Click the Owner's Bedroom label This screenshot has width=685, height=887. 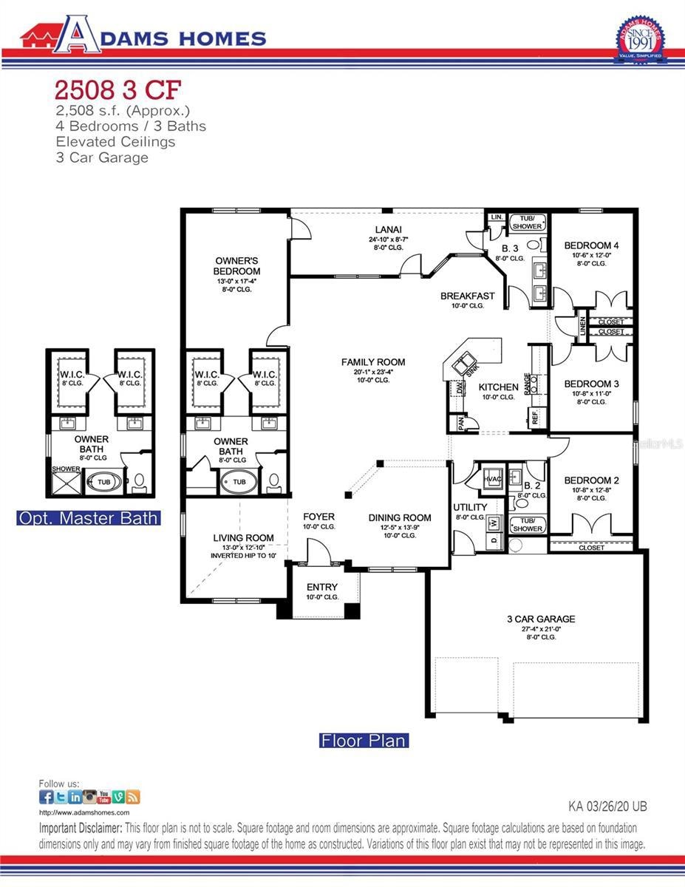point(236,266)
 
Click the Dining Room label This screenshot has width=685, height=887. point(400,517)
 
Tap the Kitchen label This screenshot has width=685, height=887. point(498,387)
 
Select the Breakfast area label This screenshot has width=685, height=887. point(467,296)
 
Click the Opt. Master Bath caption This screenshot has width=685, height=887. point(88,518)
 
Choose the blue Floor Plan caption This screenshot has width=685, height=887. point(364,740)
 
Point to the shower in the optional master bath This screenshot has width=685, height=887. point(66,483)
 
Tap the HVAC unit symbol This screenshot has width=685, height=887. point(492,478)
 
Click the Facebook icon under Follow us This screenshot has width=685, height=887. point(46,797)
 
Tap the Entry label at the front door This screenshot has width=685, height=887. point(321,588)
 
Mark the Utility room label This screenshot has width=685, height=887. point(470,507)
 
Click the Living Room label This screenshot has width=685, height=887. point(243,538)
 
